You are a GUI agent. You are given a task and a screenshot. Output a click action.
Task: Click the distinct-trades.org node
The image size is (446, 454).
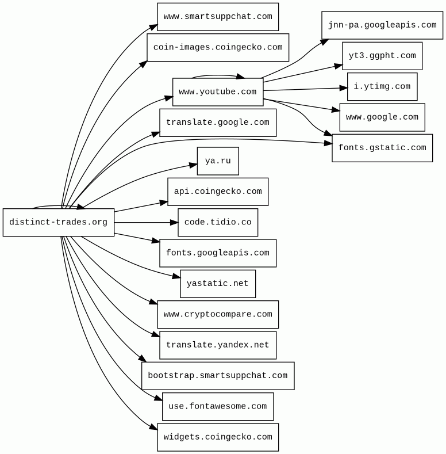point(58,222)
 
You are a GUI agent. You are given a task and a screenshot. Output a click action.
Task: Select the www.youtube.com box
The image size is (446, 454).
point(218,92)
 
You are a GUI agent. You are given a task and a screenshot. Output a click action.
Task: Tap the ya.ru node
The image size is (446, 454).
point(218,161)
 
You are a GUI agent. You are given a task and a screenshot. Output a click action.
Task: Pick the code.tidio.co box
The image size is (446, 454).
point(218,222)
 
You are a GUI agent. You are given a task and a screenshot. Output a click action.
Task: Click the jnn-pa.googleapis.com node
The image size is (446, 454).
point(382,25)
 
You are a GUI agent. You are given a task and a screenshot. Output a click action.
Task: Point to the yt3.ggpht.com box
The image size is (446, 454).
point(382,56)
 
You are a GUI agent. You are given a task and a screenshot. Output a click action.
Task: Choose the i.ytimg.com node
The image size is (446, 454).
point(382,87)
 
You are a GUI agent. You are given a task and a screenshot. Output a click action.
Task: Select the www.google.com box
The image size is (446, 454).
point(382,117)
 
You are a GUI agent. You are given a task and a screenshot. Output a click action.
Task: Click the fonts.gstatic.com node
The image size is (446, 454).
point(382,148)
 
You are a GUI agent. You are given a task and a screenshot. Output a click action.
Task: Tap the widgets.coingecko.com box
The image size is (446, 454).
point(218,437)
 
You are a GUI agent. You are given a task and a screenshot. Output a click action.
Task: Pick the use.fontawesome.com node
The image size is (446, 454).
point(218,406)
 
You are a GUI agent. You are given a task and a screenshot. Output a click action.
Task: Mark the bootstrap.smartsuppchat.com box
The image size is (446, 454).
point(218,376)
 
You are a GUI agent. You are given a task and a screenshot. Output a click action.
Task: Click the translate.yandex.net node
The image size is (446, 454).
point(218,345)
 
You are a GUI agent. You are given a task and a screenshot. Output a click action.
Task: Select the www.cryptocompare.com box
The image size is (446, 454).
point(218,314)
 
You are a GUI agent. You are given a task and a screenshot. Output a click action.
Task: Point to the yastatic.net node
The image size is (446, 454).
point(218,284)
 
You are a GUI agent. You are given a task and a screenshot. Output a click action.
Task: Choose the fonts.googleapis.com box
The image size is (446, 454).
point(218,253)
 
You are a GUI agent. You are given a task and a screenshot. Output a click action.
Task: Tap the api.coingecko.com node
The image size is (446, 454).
point(218,192)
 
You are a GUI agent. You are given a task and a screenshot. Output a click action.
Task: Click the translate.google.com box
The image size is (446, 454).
point(218,123)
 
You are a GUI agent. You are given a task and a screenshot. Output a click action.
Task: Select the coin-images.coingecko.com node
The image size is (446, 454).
point(218,47)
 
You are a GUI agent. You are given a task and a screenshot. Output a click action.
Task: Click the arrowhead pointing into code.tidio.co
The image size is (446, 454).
point(174,222)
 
